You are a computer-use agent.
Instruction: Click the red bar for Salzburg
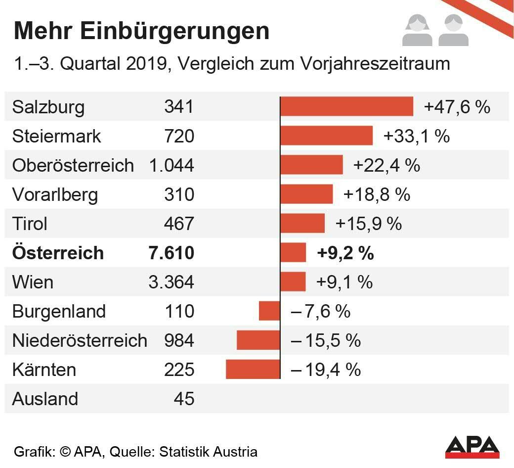[346, 106]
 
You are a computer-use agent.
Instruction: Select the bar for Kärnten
[253, 370]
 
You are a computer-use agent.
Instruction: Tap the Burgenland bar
[269, 311]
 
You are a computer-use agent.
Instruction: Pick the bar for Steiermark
[326, 136]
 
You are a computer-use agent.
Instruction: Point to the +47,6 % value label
[457, 107]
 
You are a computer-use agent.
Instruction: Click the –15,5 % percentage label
[326, 340]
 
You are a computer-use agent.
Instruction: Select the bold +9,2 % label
[345, 253]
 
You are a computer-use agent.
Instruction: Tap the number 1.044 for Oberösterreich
[171, 165]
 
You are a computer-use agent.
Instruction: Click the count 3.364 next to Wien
[171, 282]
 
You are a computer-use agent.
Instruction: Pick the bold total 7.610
[171, 253]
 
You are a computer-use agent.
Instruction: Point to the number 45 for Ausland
[184, 399]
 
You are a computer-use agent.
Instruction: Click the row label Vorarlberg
[55, 194]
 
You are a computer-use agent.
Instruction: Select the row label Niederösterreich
[80, 340]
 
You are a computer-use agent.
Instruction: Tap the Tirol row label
[30, 224]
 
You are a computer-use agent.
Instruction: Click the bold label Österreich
[58, 253]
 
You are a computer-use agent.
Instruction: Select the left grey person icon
[417, 31]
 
